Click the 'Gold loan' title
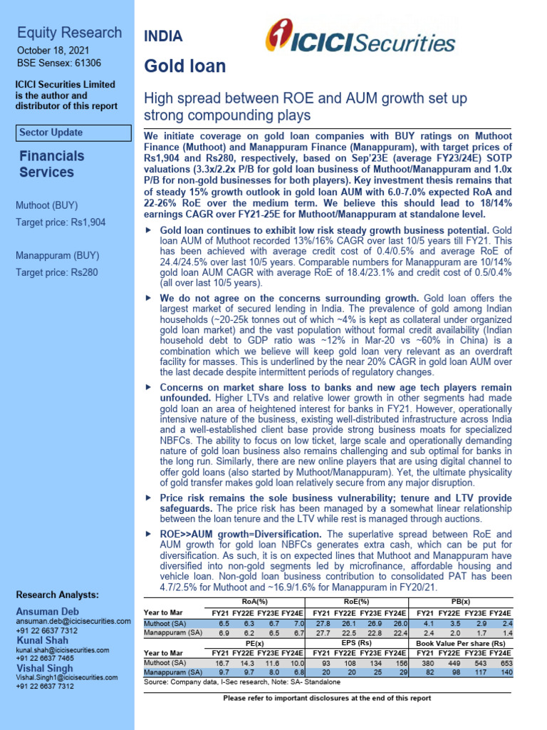tap(184, 67)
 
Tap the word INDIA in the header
tap(163, 36)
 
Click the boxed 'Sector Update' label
tap(51, 133)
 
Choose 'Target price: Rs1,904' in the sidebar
tap(61, 222)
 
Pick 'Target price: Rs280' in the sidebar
tap(57, 272)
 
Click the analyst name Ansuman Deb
tap(48, 612)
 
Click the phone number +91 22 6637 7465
tap(46, 659)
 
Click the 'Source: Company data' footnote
tap(241, 682)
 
